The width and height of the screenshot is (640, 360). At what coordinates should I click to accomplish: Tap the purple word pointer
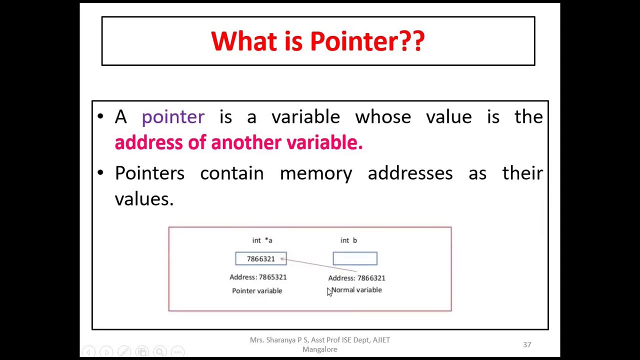coord(173,117)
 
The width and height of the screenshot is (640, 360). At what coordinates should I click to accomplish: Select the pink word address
coord(148,142)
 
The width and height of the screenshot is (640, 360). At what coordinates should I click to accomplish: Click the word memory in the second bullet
coord(315,173)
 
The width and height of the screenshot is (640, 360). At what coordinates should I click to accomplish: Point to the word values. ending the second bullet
coord(144,199)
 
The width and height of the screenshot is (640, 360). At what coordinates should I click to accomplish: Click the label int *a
coord(262,240)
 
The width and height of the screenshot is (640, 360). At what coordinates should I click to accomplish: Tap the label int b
coord(348,240)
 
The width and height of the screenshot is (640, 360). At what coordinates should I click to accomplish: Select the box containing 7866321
coord(260,258)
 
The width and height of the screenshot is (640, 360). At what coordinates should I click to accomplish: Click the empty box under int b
coord(355,258)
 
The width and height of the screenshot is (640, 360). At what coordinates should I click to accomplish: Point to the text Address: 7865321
coord(258,277)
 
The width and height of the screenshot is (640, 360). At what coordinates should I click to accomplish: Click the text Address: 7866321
coord(356,278)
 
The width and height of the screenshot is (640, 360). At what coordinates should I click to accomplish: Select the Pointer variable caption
coord(257,291)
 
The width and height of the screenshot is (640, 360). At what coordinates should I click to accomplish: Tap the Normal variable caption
coord(357,290)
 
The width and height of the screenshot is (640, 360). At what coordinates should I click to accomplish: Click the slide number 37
coord(527,344)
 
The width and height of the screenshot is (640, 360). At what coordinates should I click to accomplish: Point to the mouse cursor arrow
coord(329,292)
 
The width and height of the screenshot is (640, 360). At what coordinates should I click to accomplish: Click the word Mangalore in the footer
coord(319,349)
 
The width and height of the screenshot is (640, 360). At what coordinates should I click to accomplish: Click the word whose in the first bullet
coord(382,117)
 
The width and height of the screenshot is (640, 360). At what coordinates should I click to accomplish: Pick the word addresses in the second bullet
coord(410,173)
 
